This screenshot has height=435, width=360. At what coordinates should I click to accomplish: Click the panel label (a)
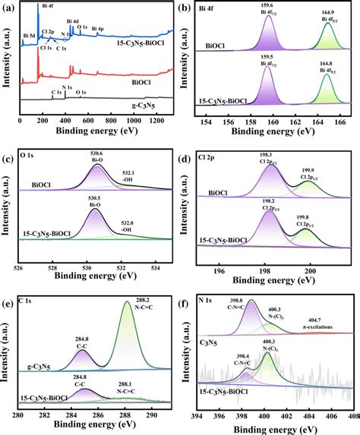[10, 7]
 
